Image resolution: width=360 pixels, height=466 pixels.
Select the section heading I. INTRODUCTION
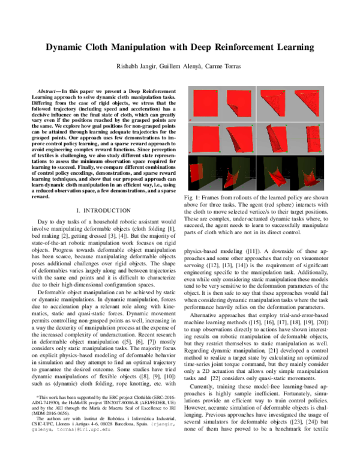tap(103, 210)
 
